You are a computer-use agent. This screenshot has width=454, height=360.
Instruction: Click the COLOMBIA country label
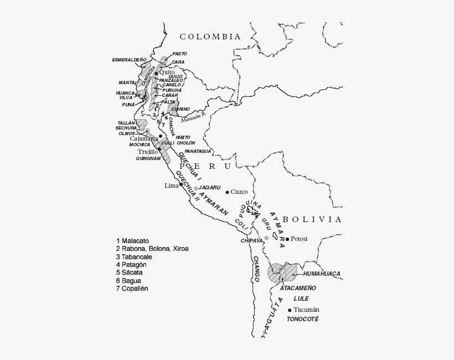[210, 37]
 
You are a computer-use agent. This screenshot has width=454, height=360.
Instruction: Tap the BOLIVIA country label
[312, 219]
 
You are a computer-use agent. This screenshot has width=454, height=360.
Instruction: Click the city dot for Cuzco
[227, 192]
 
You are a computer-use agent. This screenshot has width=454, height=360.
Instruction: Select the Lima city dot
[181, 184]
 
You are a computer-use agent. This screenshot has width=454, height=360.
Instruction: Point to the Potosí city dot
[287, 239]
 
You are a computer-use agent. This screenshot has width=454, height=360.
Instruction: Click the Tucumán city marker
[290, 310]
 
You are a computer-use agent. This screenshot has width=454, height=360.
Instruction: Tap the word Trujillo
[147, 151]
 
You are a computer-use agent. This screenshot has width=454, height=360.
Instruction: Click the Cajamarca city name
[143, 138]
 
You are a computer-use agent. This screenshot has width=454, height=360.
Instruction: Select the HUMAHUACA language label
[322, 274]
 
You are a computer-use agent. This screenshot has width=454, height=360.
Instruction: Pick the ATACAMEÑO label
[298, 288]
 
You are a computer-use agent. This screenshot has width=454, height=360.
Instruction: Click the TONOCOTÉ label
[303, 320]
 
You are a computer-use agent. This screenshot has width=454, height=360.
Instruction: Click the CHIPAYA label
[251, 241]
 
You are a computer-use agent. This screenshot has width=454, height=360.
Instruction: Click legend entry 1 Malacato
[132, 241]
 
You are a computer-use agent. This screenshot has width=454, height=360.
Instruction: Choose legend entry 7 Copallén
[132, 289]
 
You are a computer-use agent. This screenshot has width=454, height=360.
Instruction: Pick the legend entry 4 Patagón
[131, 265]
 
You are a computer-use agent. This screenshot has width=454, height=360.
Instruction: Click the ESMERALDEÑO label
[129, 59]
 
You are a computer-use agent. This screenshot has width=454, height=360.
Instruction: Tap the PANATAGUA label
[198, 151]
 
